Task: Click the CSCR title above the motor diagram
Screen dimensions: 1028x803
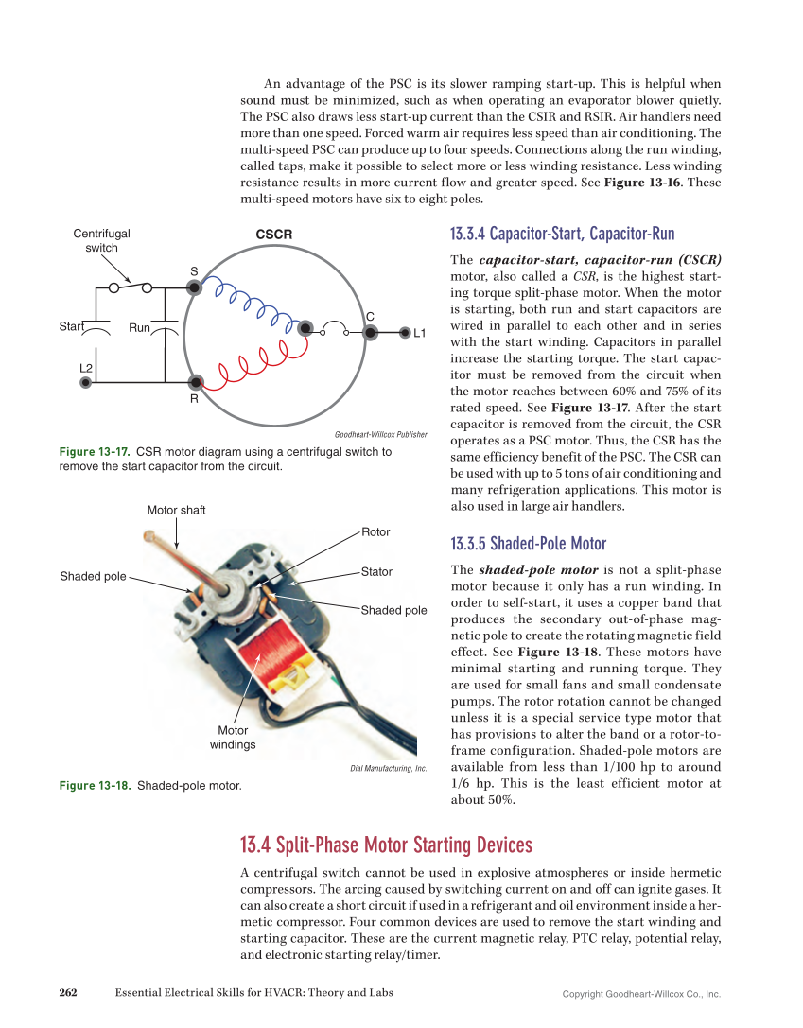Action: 274,234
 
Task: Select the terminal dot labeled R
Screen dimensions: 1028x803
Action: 195,383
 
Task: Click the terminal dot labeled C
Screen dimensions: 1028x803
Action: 371,332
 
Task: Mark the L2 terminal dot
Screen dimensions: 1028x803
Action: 86,383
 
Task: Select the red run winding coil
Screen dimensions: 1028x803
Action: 248,365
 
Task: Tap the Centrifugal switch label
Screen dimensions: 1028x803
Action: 102,240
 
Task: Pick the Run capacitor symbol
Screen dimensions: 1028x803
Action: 165,327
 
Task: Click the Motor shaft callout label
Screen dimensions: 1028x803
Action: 176,510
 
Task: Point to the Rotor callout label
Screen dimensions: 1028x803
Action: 375,532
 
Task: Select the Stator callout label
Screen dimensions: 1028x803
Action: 376,572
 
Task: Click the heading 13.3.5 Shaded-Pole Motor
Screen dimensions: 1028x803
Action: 529,544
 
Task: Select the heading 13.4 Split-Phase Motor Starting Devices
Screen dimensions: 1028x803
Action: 386,845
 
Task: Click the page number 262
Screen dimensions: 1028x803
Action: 68,992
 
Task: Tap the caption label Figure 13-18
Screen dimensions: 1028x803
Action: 95,785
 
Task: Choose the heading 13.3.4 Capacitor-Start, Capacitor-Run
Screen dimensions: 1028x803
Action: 562,234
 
